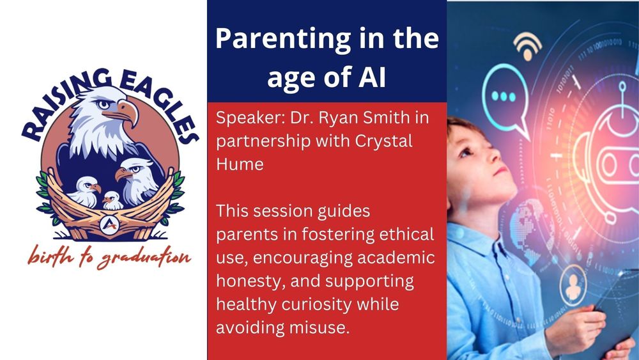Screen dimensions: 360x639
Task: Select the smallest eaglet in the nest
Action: pyautogui.click(x=113, y=200)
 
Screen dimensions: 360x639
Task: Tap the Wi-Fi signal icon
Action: pyautogui.click(x=528, y=45)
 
